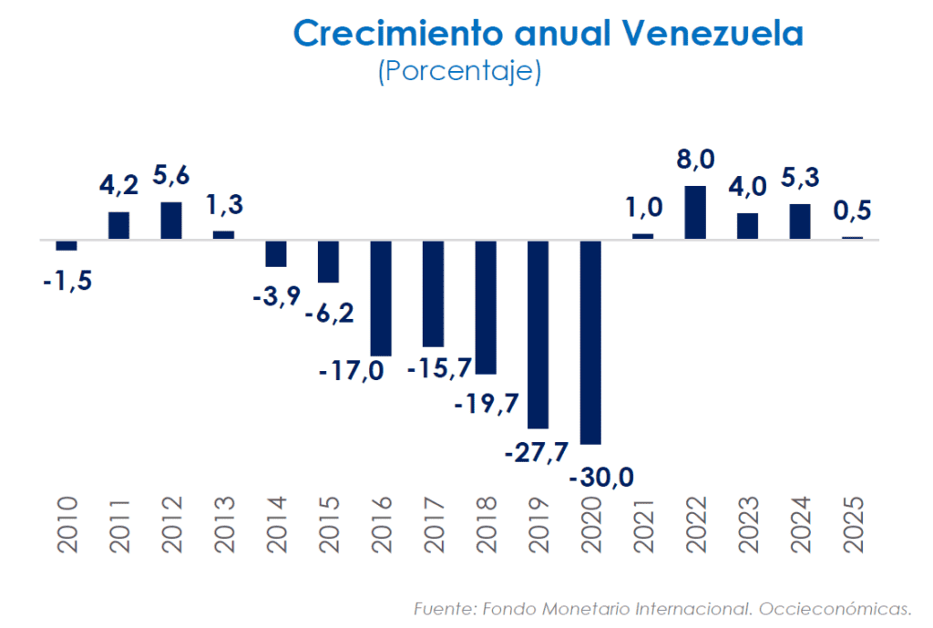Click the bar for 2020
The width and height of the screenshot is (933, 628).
tap(590, 342)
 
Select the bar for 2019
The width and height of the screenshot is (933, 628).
tap(538, 334)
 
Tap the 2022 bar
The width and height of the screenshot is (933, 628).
tap(695, 212)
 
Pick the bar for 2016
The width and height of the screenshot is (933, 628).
tap(380, 298)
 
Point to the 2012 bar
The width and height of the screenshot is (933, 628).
tap(170, 221)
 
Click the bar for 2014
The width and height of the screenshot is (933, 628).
tap(275, 253)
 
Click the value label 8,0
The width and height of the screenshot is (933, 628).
tap(695, 160)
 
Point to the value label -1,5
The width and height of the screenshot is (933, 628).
tap(67, 281)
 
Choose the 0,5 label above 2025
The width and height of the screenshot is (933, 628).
tap(853, 211)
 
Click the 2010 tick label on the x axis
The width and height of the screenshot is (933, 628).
tap(67, 525)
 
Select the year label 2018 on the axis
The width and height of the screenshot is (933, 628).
tap(487, 525)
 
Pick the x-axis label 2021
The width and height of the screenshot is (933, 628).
tap(644, 525)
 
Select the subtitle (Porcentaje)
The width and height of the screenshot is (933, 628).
tap(459, 71)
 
